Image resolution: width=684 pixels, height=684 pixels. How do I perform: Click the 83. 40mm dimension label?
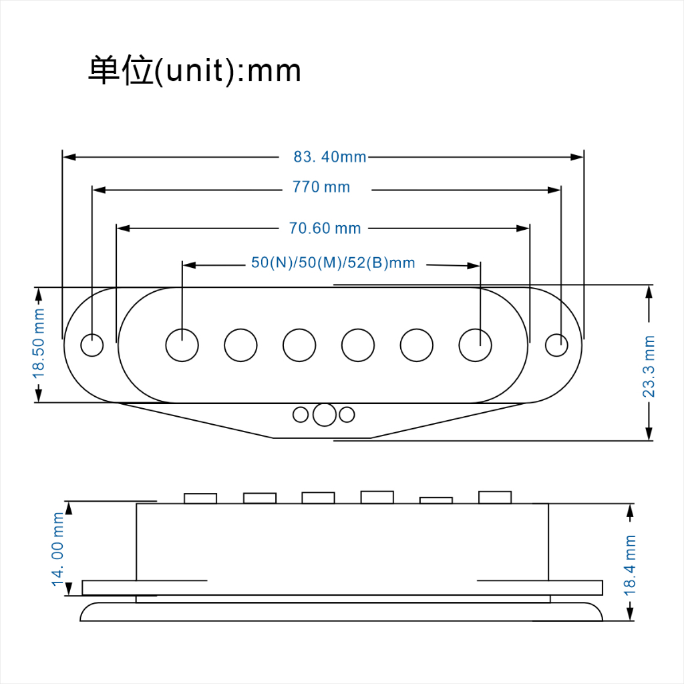[x=330, y=156]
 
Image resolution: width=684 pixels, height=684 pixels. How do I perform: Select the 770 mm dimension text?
[x=321, y=187]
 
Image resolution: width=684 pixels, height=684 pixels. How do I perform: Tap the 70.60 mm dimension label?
[x=325, y=228]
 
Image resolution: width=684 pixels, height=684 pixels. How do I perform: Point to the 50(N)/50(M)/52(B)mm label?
[x=333, y=263]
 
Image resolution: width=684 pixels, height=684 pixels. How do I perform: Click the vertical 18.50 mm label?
[x=39, y=343]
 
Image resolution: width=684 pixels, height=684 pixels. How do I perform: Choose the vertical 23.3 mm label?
[x=649, y=367]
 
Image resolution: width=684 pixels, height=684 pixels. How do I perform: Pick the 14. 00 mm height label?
[x=57, y=549]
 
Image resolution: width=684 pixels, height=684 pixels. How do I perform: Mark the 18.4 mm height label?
[x=629, y=565]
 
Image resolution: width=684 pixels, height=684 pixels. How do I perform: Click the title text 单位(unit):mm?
[x=194, y=69]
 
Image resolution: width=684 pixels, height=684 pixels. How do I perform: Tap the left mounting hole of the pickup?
[x=92, y=345]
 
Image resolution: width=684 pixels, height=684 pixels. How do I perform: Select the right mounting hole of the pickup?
[x=556, y=345]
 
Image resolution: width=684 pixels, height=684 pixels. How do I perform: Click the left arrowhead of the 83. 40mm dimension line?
[x=69, y=157]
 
